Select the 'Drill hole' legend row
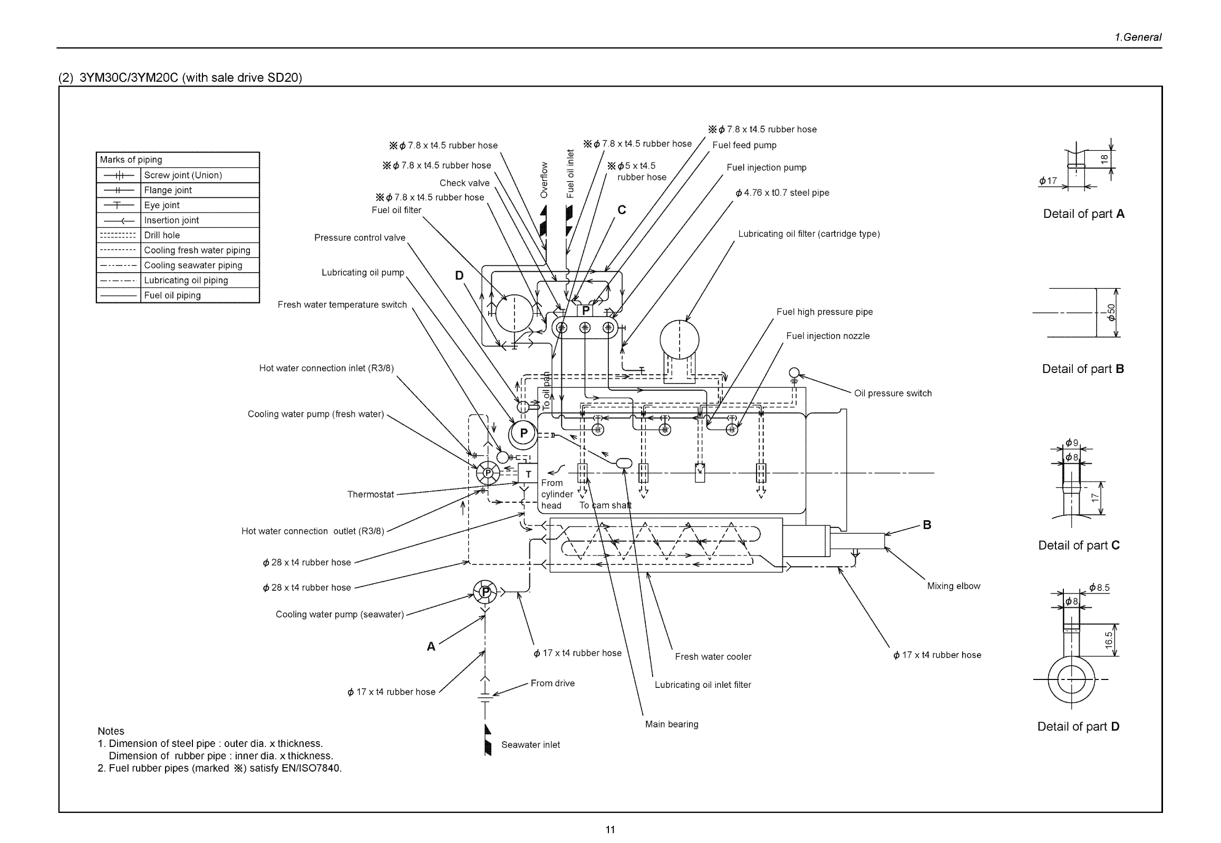coord(161,235)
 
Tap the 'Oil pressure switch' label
coord(892,393)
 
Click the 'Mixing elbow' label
coord(953,586)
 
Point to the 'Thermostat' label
coord(370,494)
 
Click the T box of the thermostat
coord(527,474)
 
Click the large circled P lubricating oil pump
coord(522,434)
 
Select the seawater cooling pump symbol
coord(484,591)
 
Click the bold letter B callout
coord(927,524)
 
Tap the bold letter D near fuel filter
coord(459,275)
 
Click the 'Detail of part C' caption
coord(1079,545)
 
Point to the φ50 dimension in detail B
coord(1111,312)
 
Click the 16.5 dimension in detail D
coord(1109,640)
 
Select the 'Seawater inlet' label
coord(530,745)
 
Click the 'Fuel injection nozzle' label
coord(827,336)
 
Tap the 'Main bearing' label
coord(671,724)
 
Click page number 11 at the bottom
coord(609,830)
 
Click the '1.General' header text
coord(1138,37)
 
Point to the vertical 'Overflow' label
coord(544,179)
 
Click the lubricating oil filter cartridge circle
coord(679,340)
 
